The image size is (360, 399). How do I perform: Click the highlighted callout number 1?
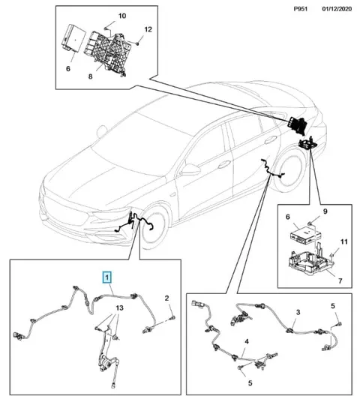pos(107,277)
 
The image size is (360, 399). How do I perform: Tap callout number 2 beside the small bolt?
pos(166,298)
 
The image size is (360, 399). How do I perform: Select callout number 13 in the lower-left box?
pos(119,308)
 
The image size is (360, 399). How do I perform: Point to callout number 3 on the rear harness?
pos(298,312)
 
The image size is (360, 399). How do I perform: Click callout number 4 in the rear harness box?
pos(247,342)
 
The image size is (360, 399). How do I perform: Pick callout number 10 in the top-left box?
pos(122,16)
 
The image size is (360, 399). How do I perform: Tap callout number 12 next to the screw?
pos(148,29)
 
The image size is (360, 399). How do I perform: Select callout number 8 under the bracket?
pos(90,76)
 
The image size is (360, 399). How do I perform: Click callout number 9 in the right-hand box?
pos(325,211)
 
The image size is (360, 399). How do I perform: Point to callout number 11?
pos(344,241)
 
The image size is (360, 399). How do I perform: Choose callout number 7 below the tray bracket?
pos(340,281)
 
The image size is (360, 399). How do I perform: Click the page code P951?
pos(301,9)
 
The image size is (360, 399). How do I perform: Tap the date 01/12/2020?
pos(337,9)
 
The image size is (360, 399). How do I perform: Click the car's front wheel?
pos(154,227)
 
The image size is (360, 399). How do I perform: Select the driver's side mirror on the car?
pos(190,169)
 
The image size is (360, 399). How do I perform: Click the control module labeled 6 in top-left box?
pos(73,37)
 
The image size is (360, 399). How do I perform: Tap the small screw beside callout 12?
pos(137,43)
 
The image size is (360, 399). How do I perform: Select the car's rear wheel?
pos(289,173)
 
